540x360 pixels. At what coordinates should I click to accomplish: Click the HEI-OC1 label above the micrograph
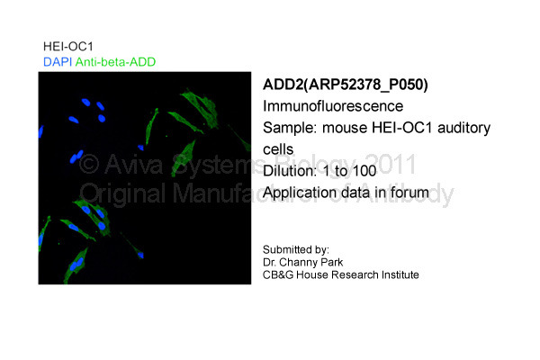[x=68, y=47]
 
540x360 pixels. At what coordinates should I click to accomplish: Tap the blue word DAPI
[x=58, y=62]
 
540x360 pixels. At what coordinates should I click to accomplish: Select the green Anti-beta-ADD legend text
[x=115, y=62]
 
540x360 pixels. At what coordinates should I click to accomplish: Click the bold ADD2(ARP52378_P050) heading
[x=345, y=85]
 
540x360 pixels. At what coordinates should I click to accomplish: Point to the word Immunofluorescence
[x=333, y=106]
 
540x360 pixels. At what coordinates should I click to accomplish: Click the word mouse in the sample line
[x=345, y=128]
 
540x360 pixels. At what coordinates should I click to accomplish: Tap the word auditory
[x=463, y=128]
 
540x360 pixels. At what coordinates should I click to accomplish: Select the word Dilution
[x=289, y=171]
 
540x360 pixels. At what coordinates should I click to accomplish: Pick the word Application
[x=294, y=193]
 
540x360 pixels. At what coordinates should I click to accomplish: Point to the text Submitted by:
[x=296, y=250]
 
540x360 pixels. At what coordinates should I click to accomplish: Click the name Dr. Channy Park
[x=302, y=263]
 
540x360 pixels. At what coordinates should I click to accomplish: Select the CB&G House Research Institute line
[x=340, y=274]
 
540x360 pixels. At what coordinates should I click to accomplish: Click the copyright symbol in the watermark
[x=89, y=165]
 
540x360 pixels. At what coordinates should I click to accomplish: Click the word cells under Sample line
[x=278, y=149]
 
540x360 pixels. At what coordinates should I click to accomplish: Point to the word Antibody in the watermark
[x=404, y=193]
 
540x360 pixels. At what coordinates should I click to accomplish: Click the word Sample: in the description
[x=290, y=128]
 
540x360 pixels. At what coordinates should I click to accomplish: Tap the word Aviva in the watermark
[x=133, y=165]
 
